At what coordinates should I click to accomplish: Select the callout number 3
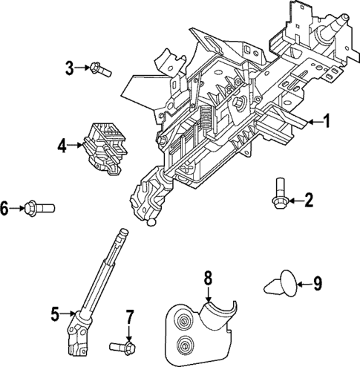click(x=70, y=68)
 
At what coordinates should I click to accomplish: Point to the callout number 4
click(x=62, y=146)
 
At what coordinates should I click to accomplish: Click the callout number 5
click(x=55, y=314)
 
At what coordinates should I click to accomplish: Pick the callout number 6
click(x=5, y=208)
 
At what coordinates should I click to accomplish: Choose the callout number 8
click(x=208, y=279)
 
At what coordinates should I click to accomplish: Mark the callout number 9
click(x=318, y=282)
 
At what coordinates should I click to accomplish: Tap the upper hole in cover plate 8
click(x=181, y=321)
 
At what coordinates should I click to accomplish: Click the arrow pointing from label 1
click(x=307, y=122)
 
